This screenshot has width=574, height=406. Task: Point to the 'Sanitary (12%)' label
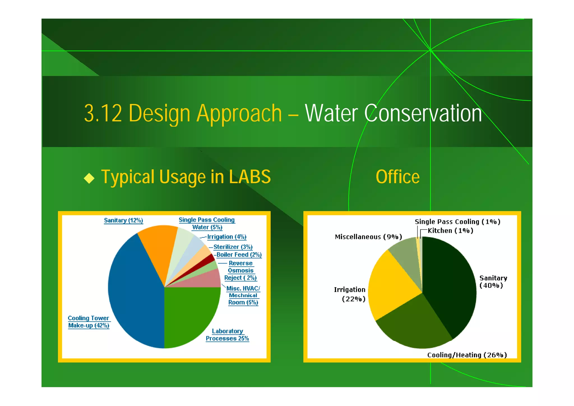click(x=123, y=220)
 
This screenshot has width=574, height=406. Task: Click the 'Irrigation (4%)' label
click(x=226, y=237)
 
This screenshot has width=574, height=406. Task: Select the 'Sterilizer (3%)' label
click(x=233, y=247)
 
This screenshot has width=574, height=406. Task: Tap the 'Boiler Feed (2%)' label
click(x=239, y=255)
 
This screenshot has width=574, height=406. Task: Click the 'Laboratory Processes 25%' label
click(x=227, y=335)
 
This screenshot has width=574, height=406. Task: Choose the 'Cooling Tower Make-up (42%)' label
click(x=89, y=322)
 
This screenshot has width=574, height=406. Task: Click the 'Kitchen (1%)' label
click(x=450, y=231)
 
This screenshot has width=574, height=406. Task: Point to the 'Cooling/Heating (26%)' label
click(x=467, y=355)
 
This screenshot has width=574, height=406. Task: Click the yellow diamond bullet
click(x=89, y=178)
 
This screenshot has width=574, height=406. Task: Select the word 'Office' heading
click(x=397, y=177)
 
